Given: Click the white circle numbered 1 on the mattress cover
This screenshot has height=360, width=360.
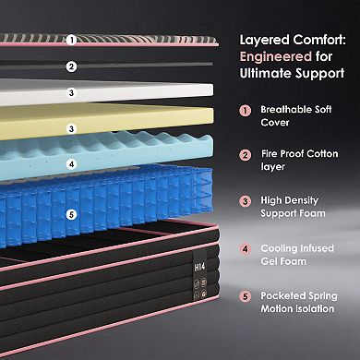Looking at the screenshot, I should (71, 40).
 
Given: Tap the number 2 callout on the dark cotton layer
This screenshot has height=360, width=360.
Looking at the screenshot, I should (71, 66).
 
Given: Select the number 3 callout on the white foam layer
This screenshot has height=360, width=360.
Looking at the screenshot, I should (71, 92).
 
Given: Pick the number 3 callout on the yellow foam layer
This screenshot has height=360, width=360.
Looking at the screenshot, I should (71, 129).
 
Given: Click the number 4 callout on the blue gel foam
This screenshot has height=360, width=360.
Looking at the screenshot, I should (71, 164).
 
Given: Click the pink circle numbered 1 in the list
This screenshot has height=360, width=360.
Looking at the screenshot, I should (245, 110).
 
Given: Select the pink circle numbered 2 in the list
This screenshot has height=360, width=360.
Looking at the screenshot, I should (245, 155).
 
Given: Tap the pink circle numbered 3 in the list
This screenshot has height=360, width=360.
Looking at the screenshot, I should (245, 201).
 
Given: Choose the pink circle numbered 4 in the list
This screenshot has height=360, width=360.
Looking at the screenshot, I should (245, 247).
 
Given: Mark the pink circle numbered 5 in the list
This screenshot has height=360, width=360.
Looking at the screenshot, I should (245, 296).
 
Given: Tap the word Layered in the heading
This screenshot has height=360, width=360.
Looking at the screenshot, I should (261, 41).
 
